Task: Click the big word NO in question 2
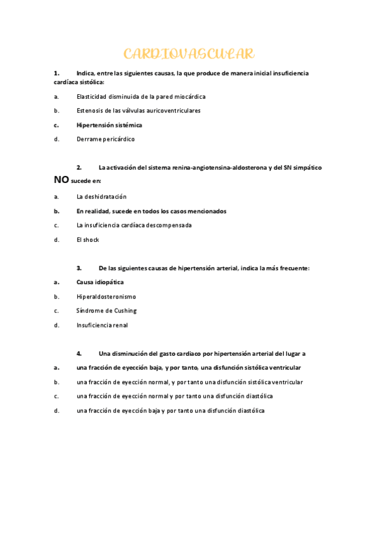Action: pyautogui.click(x=61, y=180)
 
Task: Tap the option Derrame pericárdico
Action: pyautogui.click(x=105, y=139)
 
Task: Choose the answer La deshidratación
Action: pyautogui.click(x=101, y=197)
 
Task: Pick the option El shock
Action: pyautogui.click(x=87, y=239)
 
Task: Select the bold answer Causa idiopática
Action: pyautogui.click(x=100, y=282)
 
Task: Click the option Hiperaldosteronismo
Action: pyautogui.click(x=106, y=297)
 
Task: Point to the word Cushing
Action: pyautogui.click(x=125, y=310)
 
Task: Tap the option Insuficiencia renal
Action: pyautogui.click(x=102, y=325)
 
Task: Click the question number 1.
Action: pyautogui.click(x=56, y=74)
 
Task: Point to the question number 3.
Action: pyautogui.click(x=79, y=268)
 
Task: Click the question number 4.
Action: pyautogui.click(x=79, y=354)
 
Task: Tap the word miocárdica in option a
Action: pyautogui.click(x=186, y=96)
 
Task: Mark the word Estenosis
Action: pyautogui.click(x=90, y=111)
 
